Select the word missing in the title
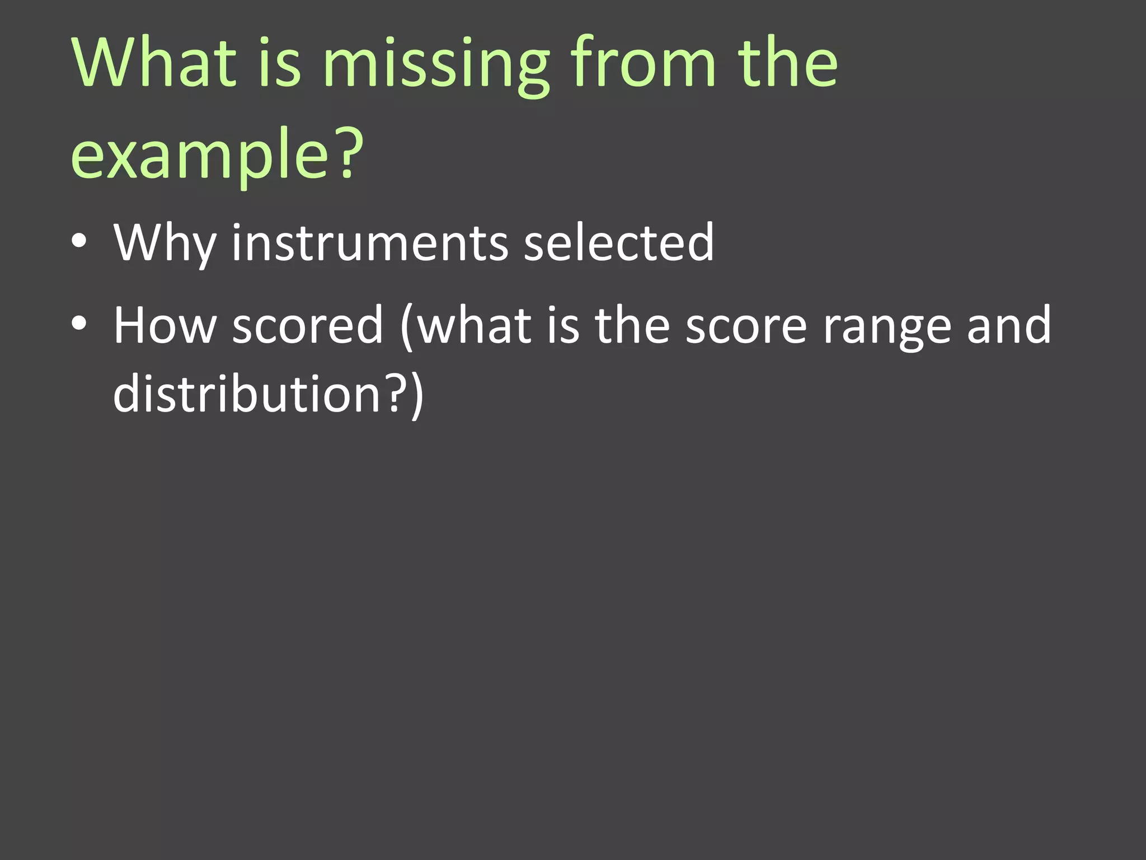point(436,64)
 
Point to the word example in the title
point(199,157)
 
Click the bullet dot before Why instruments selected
point(79,241)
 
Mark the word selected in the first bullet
point(618,242)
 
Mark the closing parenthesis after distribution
point(417,396)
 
